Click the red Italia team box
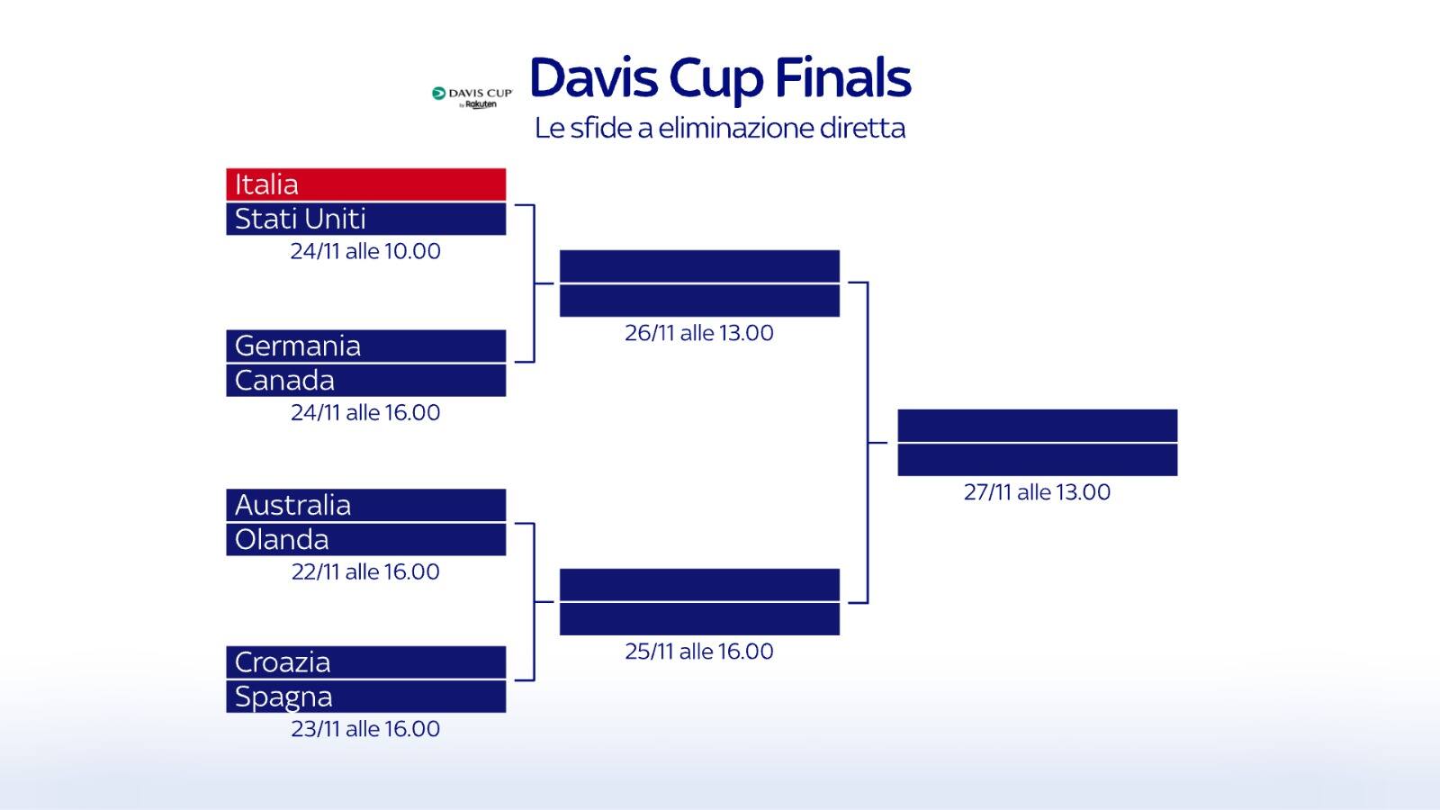(365, 184)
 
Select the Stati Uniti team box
(365, 219)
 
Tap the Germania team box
(365, 346)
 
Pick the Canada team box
(365, 380)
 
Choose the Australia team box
(365, 505)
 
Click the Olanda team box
(365, 539)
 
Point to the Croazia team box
(365, 662)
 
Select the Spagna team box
(365, 697)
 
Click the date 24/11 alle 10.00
(365, 251)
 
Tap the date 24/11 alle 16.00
(365, 412)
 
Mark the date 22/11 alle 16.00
(365, 571)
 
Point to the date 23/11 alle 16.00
(365, 729)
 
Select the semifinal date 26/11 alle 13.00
(699, 333)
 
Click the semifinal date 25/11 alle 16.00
(699, 652)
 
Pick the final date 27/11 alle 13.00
(1037, 492)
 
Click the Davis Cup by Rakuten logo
(472, 97)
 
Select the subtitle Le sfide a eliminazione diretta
(720, 128)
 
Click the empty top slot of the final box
(1037, 426)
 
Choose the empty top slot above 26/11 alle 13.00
(699, 266)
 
